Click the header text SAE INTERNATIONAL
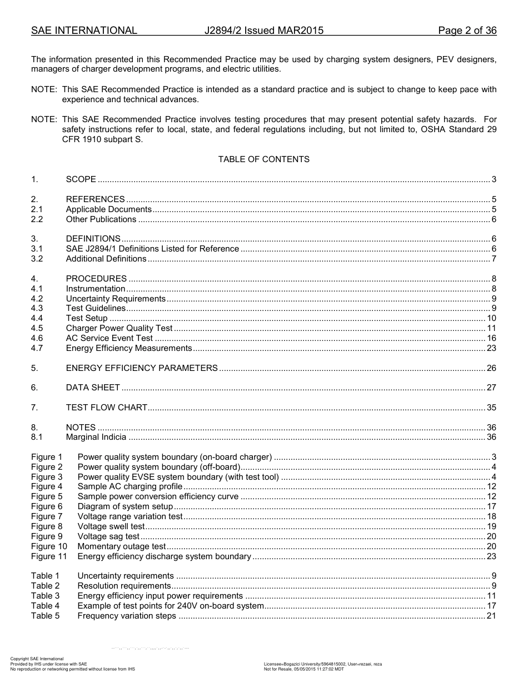[84, 31]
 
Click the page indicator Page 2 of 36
[467, 31]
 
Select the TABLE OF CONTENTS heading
[263, 159]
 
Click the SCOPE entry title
[81, 179]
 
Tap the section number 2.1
[37, 209]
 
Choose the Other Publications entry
[101, 219]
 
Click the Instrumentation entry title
[96, 289]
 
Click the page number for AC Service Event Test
[491, 338]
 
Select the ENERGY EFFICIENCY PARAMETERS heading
[142, 368]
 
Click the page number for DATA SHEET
[491, 388]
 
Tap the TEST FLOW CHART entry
[107, 408]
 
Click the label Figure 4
[47, 486]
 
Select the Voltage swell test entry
[111, 526]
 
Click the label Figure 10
[49, 546]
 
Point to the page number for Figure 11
[491, 556]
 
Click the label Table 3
[45, 596]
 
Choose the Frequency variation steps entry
[127, 616]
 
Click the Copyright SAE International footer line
[37, 659]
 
